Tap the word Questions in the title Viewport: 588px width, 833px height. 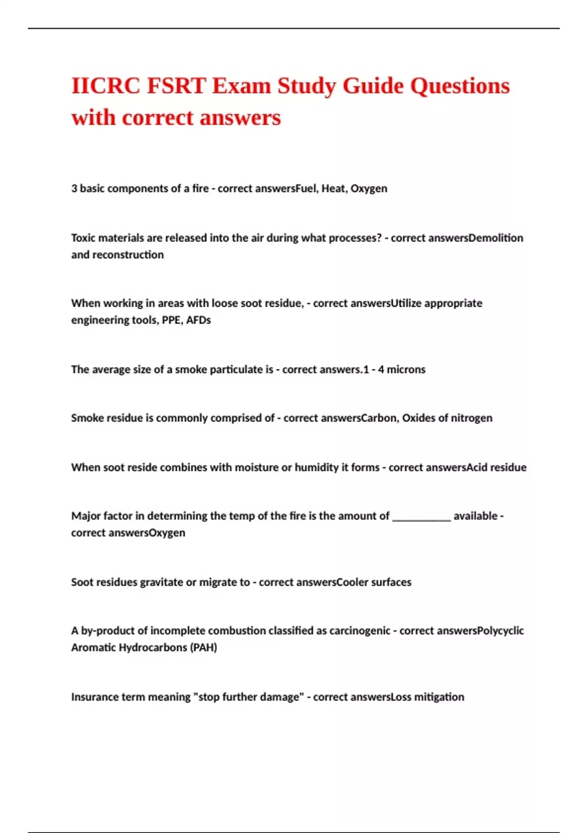[x=460, y=86]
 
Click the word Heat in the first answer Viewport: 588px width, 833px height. [x=333, y=189]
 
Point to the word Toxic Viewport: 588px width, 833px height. [x=84, y=238]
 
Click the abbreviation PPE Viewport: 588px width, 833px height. [x=171, y=320]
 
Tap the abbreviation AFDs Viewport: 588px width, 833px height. [x=198, y=320]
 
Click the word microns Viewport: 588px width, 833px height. [x=406, y=369]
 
